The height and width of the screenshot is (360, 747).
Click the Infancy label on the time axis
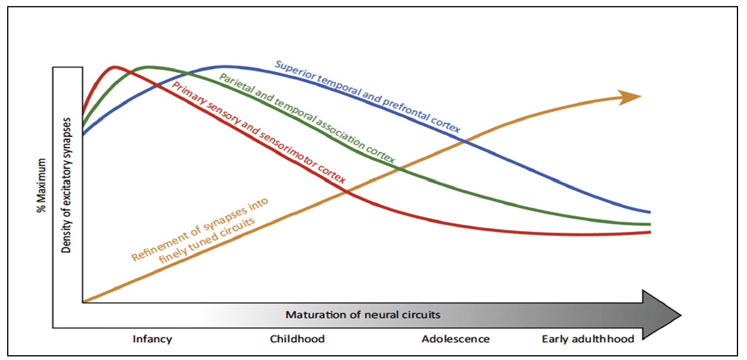click(152, 339)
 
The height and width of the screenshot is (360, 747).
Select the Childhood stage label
click(297, 339)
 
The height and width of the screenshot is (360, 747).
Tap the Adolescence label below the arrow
click(456, 339)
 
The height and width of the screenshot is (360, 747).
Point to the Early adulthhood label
click(588, 339)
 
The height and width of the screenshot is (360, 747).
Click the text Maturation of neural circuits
click(363, 314)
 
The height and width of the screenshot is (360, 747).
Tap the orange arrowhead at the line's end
click(630, 97)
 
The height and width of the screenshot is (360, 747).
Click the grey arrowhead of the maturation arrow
click(661, 314)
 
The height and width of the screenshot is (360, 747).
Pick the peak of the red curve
click(114, 66)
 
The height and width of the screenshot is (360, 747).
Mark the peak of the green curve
click(147, 66)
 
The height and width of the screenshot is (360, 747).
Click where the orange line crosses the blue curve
click(464, 142)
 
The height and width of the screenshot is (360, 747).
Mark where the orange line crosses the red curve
click(347, 191)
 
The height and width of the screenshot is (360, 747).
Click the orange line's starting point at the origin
click(85, 302)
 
